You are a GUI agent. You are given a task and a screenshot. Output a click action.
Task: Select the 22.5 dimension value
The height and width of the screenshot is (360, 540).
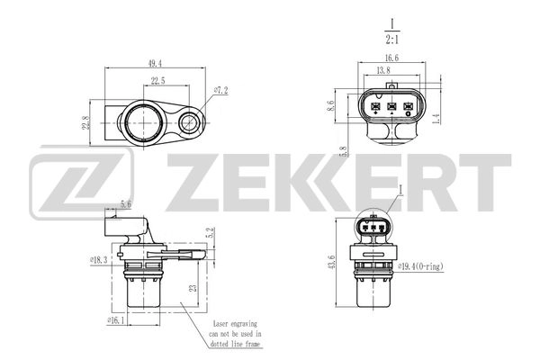(157, 81)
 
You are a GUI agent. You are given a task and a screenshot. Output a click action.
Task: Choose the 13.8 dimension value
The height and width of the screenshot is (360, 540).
(383, 70)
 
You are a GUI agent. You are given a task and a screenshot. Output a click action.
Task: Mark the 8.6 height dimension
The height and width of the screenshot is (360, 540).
(331, 106)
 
